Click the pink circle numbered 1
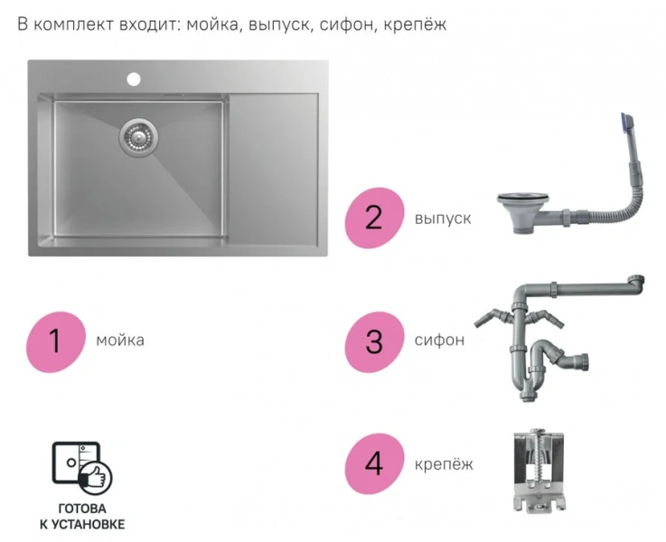click(55, 341)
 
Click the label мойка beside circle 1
click(119, 341)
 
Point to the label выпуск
click(443, 218)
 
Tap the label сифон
click(440, 341)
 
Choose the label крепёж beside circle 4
click(444, 464)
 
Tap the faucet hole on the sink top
click(134, 79)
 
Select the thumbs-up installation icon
click(81, 466)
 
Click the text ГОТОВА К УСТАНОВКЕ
click(82, 516)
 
